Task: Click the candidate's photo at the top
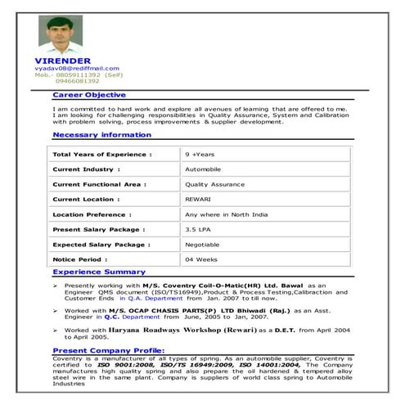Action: (x=61, y=34)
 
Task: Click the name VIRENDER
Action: (x=61, y=61)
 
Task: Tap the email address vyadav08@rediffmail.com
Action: (x=72, y=68)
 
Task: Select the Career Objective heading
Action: (x=88, y=95)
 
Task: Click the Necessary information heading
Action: (x=102, y=135)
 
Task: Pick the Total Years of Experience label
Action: (x=102, y=154)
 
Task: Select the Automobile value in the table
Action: (x=204, y=169)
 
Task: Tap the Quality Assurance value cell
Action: (x=214, y=184)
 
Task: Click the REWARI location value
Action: (x=199, y=199)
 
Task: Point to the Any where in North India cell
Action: (x=223, y=214)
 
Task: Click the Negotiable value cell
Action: (x=202, y=244)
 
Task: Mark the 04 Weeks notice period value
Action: (x=200, y=259)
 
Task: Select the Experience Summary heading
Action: (x=99, y=272)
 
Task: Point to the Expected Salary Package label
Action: (x=101, y=244)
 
